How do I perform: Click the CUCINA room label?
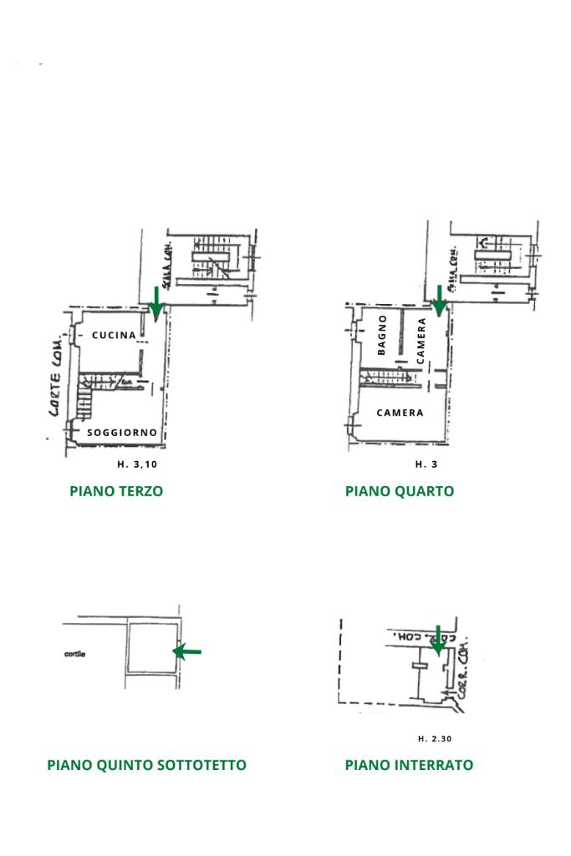115,336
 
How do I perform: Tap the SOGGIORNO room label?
122,433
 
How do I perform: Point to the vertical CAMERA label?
421,339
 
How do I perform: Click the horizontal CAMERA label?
400,413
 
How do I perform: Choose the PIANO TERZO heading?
116,491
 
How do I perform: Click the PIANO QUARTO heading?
400,491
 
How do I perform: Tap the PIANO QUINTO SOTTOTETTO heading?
147,765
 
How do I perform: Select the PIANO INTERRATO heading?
409,765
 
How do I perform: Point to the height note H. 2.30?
435,738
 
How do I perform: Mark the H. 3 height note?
426,464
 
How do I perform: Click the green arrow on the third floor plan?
155,302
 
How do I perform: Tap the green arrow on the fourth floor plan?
438,301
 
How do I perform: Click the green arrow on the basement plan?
436,641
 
